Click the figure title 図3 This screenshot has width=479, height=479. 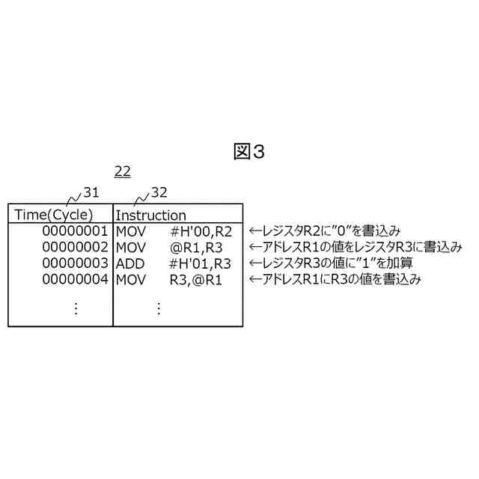249,152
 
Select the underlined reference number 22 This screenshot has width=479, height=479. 122,171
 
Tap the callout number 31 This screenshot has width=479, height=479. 91,193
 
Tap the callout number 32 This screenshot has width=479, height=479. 159,193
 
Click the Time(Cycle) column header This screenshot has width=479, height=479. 54,215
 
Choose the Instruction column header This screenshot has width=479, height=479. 150,216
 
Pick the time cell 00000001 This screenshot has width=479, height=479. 75,231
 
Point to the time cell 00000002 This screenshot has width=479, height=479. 75,246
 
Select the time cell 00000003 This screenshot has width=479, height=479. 75,263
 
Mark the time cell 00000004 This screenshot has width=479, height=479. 75,279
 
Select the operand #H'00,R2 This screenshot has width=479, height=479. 201,231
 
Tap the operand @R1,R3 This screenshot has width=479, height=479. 196,247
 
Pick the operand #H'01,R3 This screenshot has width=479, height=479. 201,263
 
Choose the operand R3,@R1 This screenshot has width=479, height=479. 196,279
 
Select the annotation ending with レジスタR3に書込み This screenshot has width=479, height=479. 355,247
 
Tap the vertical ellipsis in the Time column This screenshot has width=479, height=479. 76,308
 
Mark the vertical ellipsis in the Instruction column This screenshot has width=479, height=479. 159,308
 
